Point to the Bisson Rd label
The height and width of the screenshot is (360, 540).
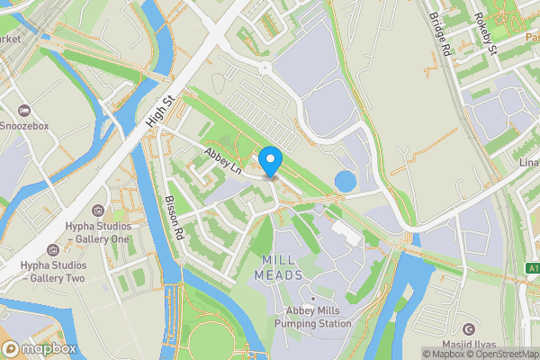(x=175, y=219)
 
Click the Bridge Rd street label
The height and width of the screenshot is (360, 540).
(x=439, y=34)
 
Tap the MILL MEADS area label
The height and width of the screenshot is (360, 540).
(x=278, y=267)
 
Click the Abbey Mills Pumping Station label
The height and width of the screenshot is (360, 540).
(x=313, y=318)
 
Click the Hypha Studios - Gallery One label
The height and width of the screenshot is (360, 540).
(x=97, y=232)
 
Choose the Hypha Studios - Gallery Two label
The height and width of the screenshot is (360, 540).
(x=52, y=273)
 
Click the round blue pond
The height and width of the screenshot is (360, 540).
(x=345, y=182)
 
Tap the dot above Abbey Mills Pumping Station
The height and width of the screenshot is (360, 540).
(x=312, y=299)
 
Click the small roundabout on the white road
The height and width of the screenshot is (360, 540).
(x=265, y=67)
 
